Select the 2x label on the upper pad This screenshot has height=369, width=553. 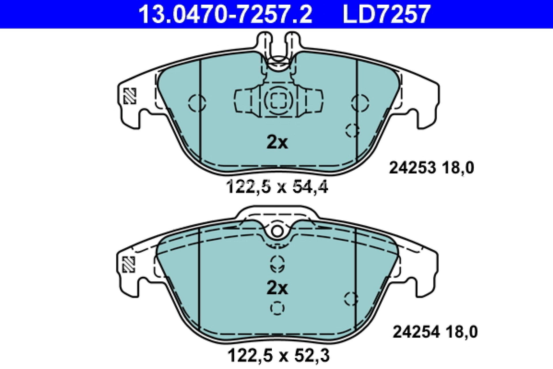tap(277, 142)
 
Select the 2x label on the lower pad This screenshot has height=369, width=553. tap(277, 288)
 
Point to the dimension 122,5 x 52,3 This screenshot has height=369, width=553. tap(279, 356)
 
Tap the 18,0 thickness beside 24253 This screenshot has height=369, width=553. tap(457, 168)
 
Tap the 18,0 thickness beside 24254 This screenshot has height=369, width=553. tap(461, 332)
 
